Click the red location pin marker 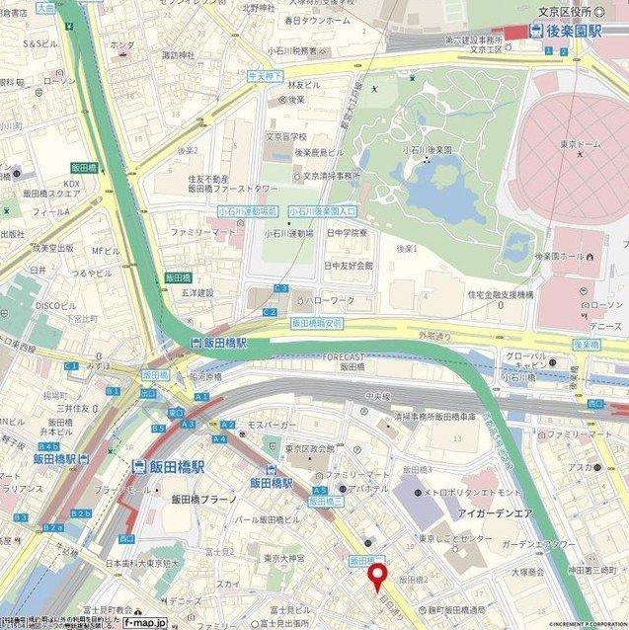click(376, 579)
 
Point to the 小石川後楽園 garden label click(426, 149)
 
